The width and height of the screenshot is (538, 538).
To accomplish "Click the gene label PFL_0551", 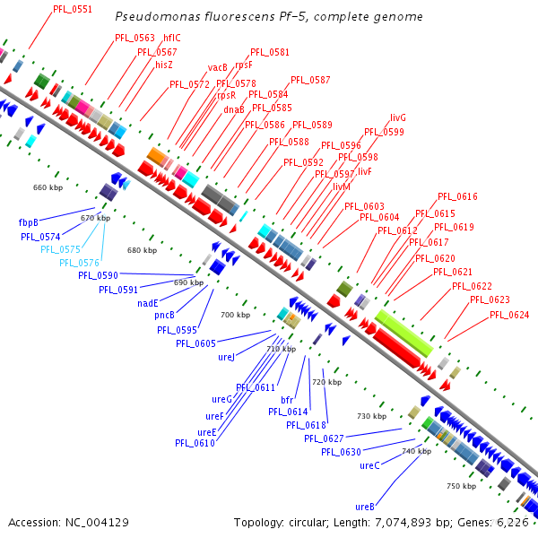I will pos(73,9).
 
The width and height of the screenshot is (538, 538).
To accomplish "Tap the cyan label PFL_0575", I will pos(60,249).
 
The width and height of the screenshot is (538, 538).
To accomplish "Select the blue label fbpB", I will pos(28,221).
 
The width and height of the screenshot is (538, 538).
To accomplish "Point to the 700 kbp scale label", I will pos(235,315).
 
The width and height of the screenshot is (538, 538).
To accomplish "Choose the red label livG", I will pos(398,117).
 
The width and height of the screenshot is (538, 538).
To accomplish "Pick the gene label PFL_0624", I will pos(509,315).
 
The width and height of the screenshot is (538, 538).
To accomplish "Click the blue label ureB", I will pos(364,506).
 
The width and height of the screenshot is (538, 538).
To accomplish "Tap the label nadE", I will pos(148,303).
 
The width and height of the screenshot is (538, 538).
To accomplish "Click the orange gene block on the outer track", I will pos(157,156).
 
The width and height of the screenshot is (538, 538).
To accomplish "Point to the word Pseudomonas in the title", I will pos(152,17).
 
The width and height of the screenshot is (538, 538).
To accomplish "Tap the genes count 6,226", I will pos(513,522).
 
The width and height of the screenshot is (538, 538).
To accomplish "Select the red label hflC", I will pos(171,39).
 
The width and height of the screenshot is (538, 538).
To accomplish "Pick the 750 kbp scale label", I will pos(461,486).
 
